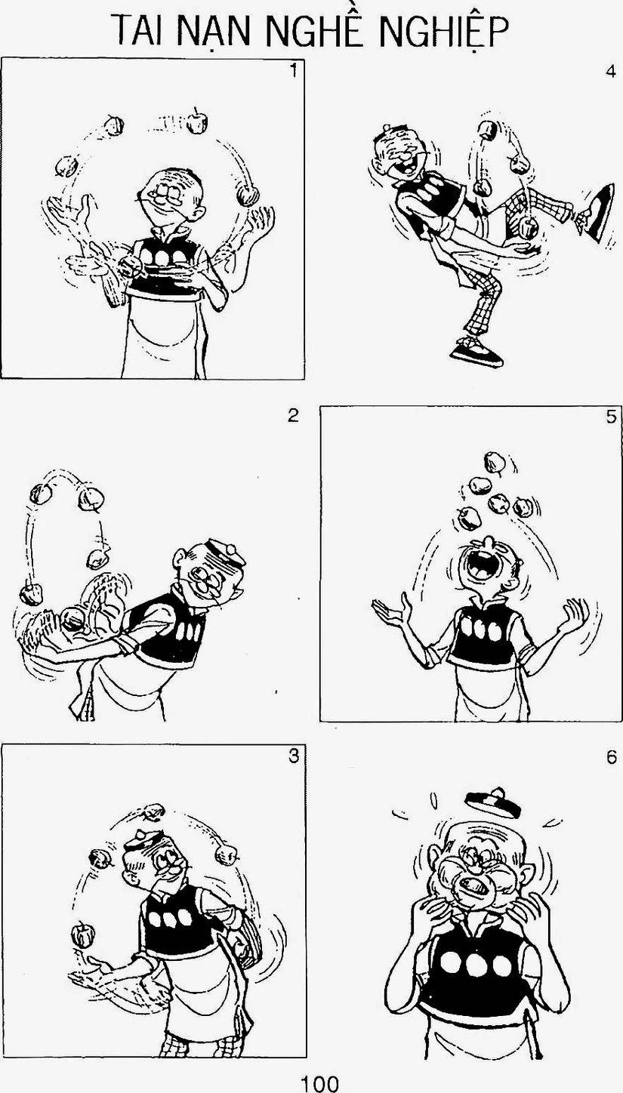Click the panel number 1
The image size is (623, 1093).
point(293,71)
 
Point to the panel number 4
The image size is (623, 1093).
point(610,72)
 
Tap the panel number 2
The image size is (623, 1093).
point(293,415)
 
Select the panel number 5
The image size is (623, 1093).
point(611,417)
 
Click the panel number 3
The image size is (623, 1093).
point(294,756)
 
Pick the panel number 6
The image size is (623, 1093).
point(611,757)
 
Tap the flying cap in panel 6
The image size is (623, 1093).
point(493,802)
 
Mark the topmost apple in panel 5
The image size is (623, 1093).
point(494,462)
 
